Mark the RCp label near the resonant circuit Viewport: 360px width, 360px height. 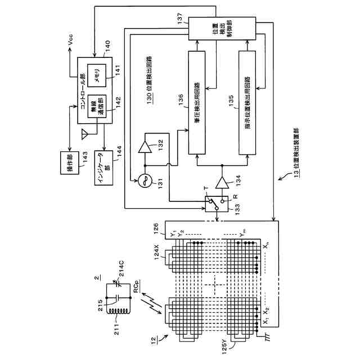click(x=137, y=286)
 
